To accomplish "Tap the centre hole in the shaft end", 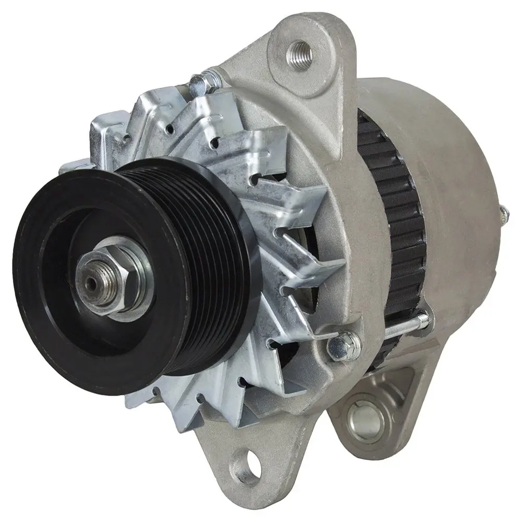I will [92, 282].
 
